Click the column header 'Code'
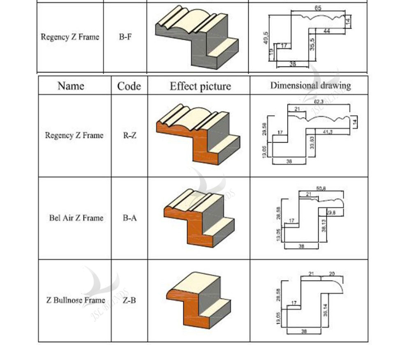pyautogui.click(x=129, y=86)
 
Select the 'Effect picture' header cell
pyautogui.click(x=200, y=86)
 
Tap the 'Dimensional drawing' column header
pyautogui.click(x=310, y=85)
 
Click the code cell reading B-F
pyautogui.click(x=125, y=37)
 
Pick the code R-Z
pyautogui.click(x=129, y=136)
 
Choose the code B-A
pyautogui.click(x=129, y=218)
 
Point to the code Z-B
pyautogui.click(x=129, y=300)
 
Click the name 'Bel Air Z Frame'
pyautogui.click(x=76, y=218)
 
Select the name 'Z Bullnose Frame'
pyautogui.click(x=76, y=300)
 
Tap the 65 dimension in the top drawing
pyautogui.click(x=318, y=8)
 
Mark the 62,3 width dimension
pyautogui.click(x=319, y=101)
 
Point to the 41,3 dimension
pyautogui.click(x=328, y=132)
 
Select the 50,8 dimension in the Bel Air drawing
pyautogui.click(x=321, y=189)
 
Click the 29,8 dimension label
pyautogui.click(x=331, y=212)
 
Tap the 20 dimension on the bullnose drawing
pyautogui.click(x=332, y=274)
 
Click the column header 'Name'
pyautogui.click(x=71, y=86)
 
